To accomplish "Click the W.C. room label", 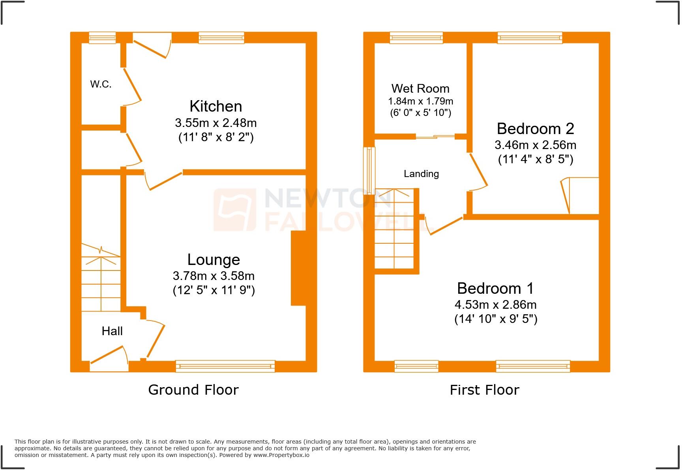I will (x=101, y=84).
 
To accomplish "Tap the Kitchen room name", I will (x=215, y=106).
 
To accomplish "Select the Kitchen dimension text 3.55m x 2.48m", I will (x=215, y=123).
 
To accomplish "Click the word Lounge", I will (x=214, y=260).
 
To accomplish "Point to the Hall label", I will (x=112, y=331).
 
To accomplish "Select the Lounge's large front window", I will (x=225, y=366).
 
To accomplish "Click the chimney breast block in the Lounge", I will (x=299, y=268).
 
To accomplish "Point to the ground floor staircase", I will (x=101, y=278).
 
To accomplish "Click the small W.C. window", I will (x=102, y=38).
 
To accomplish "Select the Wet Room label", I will (x=420, y=89).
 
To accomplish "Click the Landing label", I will (x=421, y=174).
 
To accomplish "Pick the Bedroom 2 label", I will (x=535, y=129).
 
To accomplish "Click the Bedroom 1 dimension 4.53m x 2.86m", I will (x=495, y=305).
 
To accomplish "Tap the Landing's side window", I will (x=369, y=170).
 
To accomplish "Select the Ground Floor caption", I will (x=193, y=390).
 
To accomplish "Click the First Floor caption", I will (x=484, y=390).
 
